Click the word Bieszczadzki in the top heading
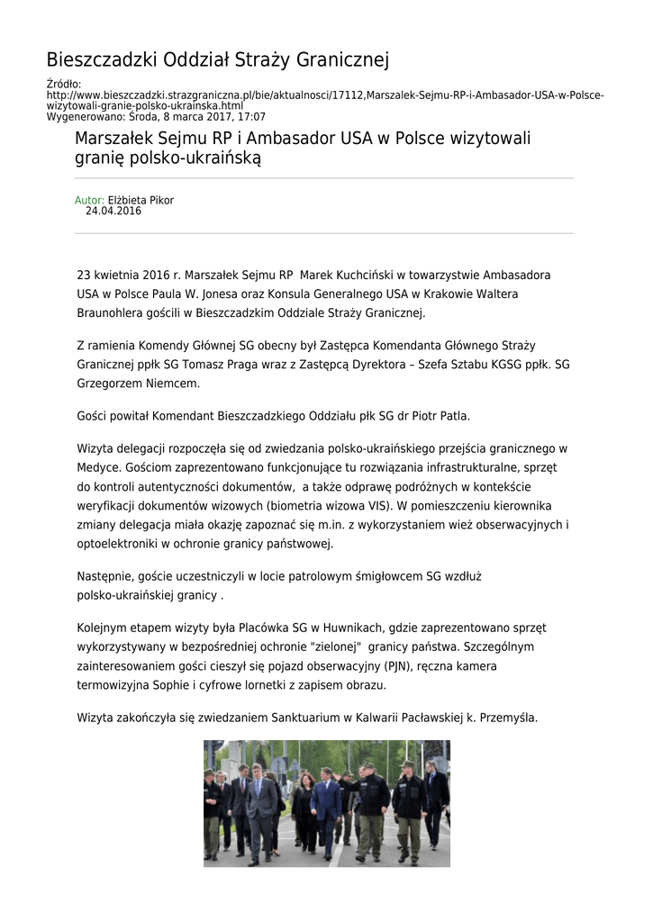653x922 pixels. click(x=102, y=60)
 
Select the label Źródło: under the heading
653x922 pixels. click(x=63, y=85)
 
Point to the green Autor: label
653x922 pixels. click(x=89, y=200)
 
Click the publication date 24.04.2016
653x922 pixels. click(x=113, y=211)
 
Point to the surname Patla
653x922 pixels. click(x=453, y=416)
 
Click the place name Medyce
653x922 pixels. click(x=98, y=467)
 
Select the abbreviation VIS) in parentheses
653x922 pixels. click(x=383, y=506)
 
